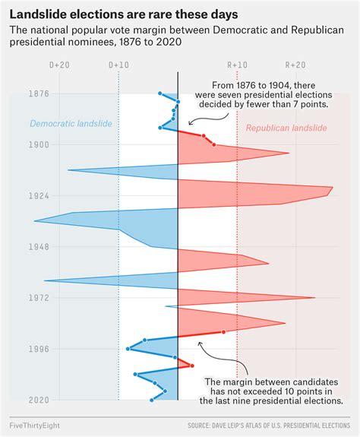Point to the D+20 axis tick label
[59, 65]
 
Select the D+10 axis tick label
[118, 65]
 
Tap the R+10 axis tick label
[237, 65]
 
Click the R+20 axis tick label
[296, 65]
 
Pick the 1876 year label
[18, 93]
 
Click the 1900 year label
[18, 144]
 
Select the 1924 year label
[18, 196]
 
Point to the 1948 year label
[18, 247]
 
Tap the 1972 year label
[18, 298]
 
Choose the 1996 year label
[18, 349]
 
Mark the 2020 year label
[18, 400]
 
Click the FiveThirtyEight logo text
[36, 424]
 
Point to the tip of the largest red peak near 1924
[332, 188]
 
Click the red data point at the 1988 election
[224, 331]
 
